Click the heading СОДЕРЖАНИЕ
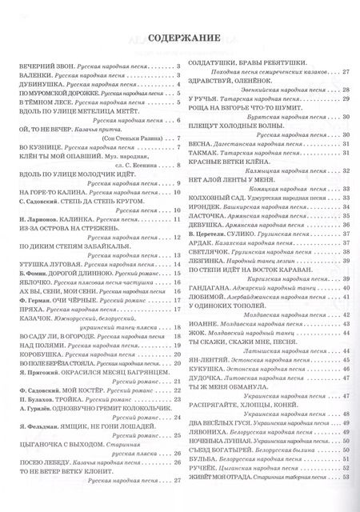179,37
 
